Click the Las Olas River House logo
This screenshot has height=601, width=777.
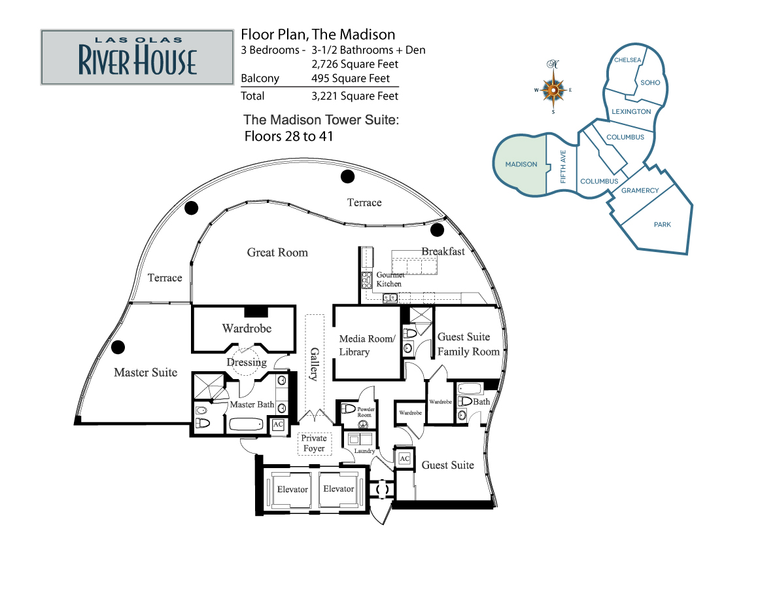[137, 57]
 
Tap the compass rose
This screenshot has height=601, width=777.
[553, 90]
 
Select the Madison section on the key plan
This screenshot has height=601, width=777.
[521, 164]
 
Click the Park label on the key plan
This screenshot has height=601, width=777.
[662, 225]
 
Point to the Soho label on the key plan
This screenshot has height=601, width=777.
[650, 82]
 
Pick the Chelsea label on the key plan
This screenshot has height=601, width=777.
[627, 60]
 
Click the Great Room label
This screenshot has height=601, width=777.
[277, 253]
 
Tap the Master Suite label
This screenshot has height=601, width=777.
[145, 373]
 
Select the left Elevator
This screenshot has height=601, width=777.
[292, 490]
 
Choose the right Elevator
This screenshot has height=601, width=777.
[338, 489]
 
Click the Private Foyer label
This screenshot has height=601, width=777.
[314, 443]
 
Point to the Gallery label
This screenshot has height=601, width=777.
[314, 364]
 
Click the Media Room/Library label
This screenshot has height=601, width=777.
[367, 345]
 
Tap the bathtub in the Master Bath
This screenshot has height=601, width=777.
[246, 425]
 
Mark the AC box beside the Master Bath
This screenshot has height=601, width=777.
[278, 424]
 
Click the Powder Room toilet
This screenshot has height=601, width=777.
[349, 409]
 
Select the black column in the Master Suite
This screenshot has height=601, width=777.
[118, 347]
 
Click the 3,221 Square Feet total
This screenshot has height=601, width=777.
[354, 96]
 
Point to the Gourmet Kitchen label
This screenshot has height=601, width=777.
[390, 279]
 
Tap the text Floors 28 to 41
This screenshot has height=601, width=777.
[288, 136]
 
